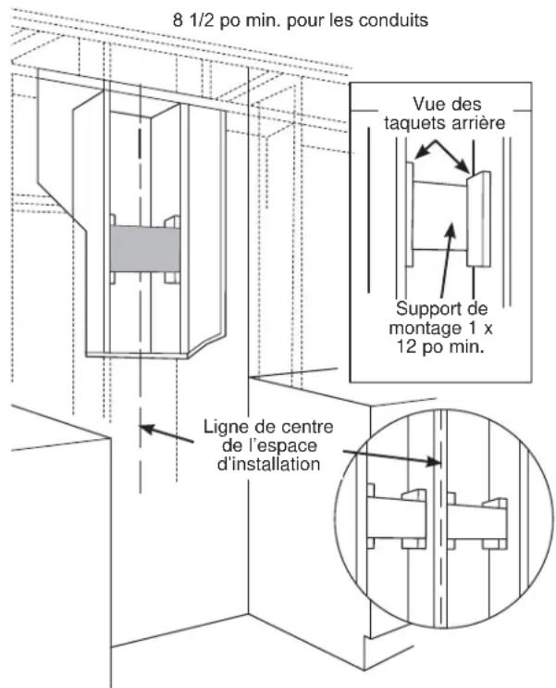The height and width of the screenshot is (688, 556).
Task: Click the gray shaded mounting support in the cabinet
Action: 143,249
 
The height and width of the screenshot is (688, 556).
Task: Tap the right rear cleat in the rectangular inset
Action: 477,219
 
